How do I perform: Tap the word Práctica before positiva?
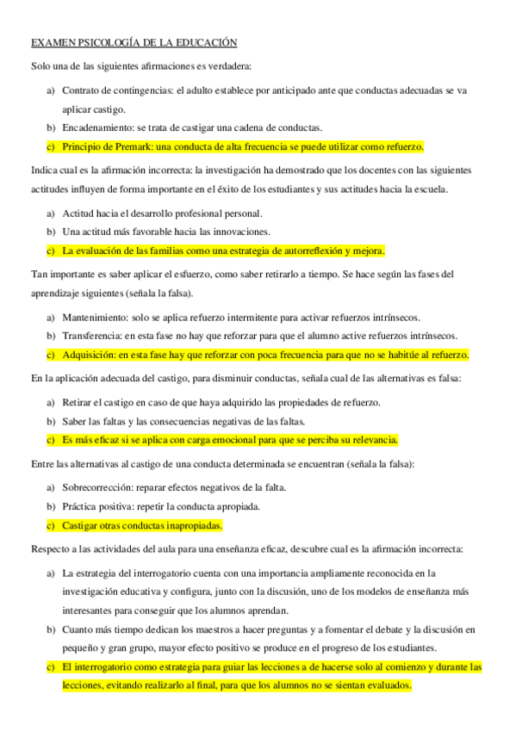tap(78, 506)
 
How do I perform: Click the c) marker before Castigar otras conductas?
tap(51, 525)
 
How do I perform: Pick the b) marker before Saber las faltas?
tap(51, 421)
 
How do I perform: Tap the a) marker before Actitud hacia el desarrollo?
tap(51, 213)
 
